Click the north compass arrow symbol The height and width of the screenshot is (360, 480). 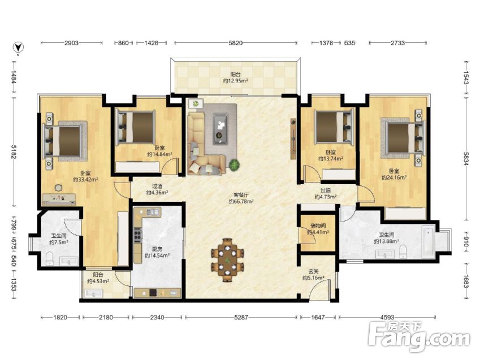[x=19, y=47]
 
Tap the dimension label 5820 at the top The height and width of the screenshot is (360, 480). [x=235, y=43]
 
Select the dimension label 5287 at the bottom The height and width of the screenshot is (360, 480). [x=241, y=318]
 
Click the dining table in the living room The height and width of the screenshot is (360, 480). [x=227, y=260]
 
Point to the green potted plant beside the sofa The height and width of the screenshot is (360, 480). [x=234, y=165]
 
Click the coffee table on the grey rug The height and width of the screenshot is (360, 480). [x=220, y=129]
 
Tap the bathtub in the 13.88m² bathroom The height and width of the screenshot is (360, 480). [x=428, y=242]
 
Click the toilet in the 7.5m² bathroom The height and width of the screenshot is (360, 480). [x=50, y=259]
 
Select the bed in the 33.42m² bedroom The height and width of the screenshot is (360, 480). [x=64, y=141]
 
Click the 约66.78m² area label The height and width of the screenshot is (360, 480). [x=241, y=201]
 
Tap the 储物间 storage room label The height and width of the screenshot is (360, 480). [x=318, y=226]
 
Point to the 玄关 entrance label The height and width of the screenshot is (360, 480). [x=313, y=271]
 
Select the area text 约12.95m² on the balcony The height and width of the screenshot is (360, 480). [x=235, y=81]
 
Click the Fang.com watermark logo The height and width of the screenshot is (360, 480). [x=419, y=337]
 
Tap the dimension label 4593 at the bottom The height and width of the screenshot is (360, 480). [x=387, y=318]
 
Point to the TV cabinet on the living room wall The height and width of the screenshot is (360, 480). [x=293, y=139]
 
